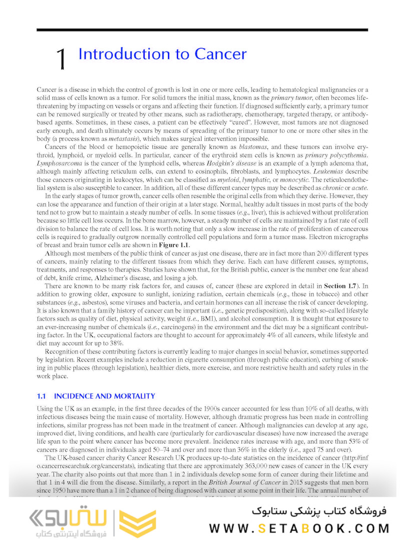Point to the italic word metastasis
[x=137, y=138]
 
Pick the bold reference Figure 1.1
[x=174, y=244]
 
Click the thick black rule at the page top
[x=202, y=30]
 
